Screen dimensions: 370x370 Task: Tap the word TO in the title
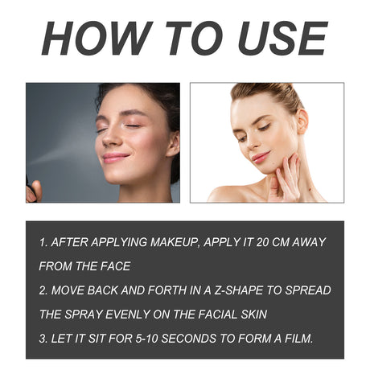pos(184,38)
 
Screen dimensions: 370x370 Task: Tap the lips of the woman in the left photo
pos(115,157)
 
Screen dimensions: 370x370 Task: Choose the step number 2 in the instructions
pos(41,290)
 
